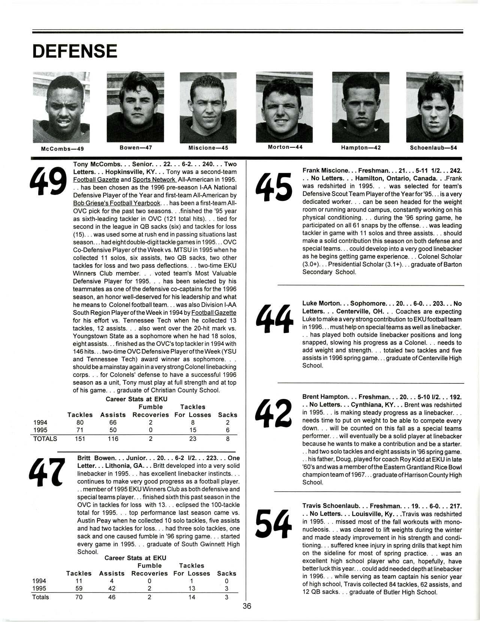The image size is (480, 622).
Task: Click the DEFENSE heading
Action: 75,51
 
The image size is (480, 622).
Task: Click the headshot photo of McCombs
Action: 61,107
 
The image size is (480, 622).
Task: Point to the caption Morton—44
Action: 285,147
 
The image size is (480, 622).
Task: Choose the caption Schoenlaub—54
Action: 433,148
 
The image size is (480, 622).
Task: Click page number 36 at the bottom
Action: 247,606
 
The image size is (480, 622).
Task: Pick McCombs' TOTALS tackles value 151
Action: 80,439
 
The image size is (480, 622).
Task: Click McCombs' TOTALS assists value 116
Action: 113,439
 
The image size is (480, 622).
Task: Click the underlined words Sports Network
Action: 154,180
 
